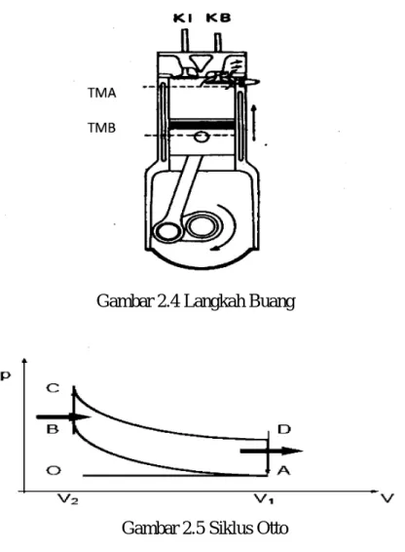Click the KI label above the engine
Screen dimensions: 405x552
pos(182,18)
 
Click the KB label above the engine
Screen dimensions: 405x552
pos(218,18)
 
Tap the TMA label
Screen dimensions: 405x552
pos(102,93)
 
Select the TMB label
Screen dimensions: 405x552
pos(101,128)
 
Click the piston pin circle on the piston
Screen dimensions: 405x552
pos(202,137)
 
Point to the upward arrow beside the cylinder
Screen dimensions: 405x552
pos(254,123)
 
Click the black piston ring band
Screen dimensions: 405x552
pos(202,125)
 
